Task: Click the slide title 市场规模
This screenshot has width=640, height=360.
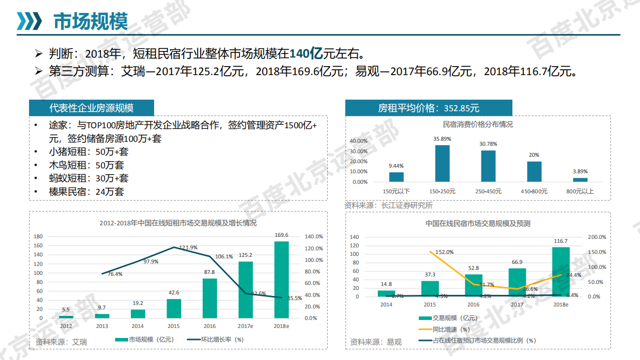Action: point(91,22)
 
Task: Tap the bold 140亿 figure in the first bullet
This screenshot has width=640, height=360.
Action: point(306,53)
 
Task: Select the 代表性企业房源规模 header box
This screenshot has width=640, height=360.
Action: point(91,108)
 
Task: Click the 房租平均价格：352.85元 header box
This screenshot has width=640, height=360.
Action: point(428,108)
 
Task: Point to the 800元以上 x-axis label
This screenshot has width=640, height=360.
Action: point(580,191)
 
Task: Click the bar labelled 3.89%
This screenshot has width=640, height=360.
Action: point(580,180)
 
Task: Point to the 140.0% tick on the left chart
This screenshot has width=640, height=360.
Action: point(314,236)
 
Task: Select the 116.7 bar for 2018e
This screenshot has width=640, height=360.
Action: point(560,272)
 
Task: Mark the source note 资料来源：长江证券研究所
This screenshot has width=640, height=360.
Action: point(388,205)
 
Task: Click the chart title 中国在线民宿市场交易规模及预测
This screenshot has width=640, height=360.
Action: point(478,223)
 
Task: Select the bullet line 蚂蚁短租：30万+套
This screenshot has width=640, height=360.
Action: point(89,178)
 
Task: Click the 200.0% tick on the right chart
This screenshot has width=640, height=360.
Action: point(596,237)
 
